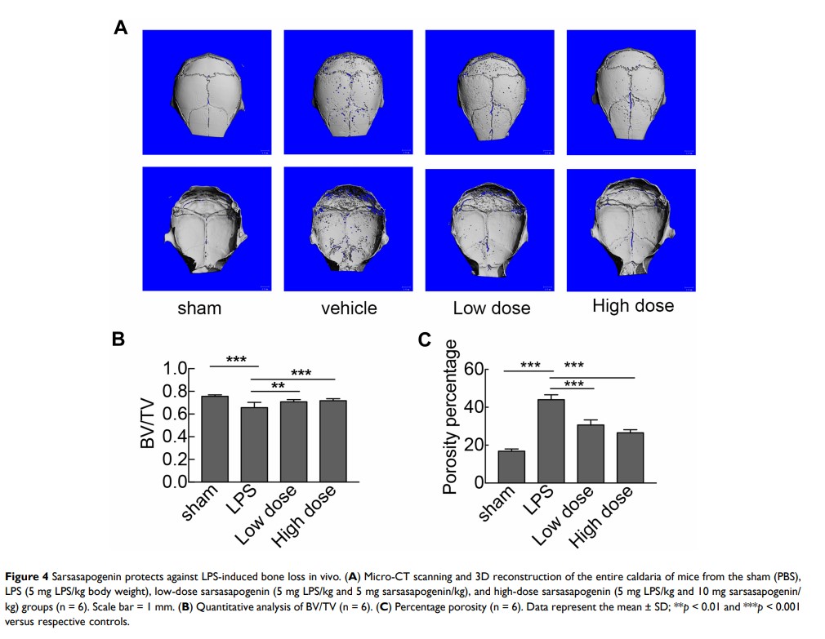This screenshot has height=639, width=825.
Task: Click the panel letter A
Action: coord(120,28)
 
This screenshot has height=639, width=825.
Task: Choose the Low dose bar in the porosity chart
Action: coord(590,454)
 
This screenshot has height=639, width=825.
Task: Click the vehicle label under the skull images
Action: coord(349,308)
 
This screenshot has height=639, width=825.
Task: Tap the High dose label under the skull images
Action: coord(633,306)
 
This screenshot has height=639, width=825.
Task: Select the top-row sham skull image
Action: coord(207,92)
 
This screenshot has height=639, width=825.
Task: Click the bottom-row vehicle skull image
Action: coord(349,229)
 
